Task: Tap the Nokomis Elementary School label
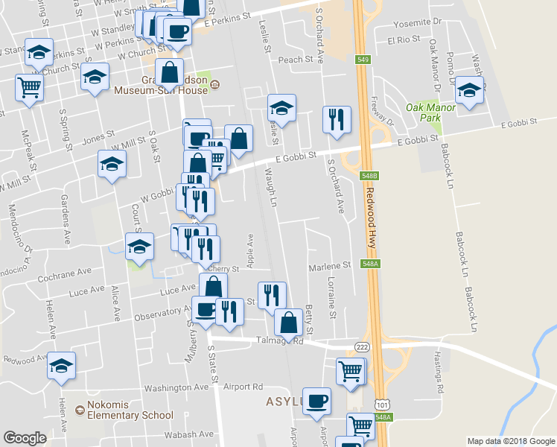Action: point(130,410)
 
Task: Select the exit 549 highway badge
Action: point(363,60)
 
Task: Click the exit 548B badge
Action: point(369,176)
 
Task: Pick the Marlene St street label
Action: point(329,265)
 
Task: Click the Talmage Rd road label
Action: point(287,341)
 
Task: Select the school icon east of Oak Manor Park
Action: point(469,91)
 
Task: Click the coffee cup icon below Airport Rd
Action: point(316,401)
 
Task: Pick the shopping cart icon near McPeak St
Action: point(30,88)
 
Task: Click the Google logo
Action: point(25,438)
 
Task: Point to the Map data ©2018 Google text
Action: point(510,441)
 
